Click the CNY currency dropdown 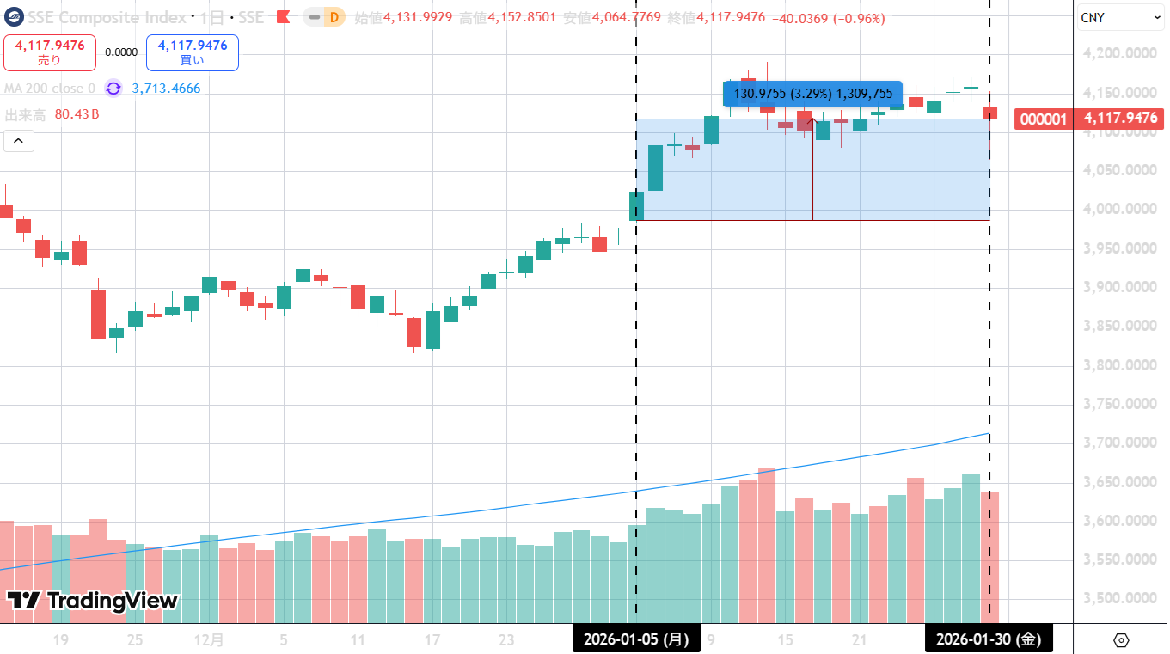tap(1120, 17)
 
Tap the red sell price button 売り tap(50, 52)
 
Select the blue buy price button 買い tap(192, 52)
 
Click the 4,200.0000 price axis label tap(1120, 53)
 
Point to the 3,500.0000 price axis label tap(1120, 598)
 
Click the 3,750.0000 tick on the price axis tap(1120, 404)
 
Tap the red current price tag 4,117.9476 tap(1120, 119)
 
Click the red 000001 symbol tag tap(1044, 119)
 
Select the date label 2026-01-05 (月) tap(636, 639)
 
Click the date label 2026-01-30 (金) tap(989, 639)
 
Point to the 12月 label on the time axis tap(209, 640)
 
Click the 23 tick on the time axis tap(506, 640)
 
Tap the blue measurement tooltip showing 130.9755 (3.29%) tap(813, 93)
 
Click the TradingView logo tap(93, 601)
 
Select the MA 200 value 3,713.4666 tap(166, 89)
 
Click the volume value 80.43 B tap(77, 114)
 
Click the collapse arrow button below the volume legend tap(19, 141)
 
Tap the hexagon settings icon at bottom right tap(1120, 640)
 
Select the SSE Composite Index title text tap(107, 18)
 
